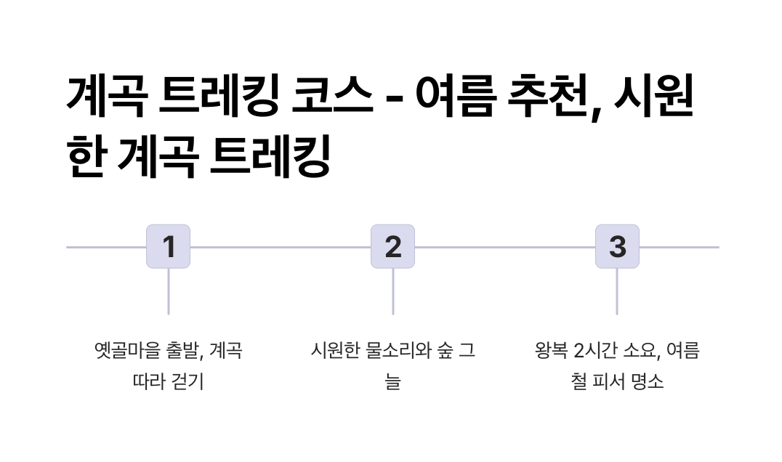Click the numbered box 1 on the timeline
(168, 246)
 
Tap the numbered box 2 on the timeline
(392, 246)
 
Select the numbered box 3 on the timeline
(617, 246)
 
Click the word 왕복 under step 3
(551, 351)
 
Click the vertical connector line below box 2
(392, 291)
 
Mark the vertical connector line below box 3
(617, 291)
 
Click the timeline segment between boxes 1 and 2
(280, 247)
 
